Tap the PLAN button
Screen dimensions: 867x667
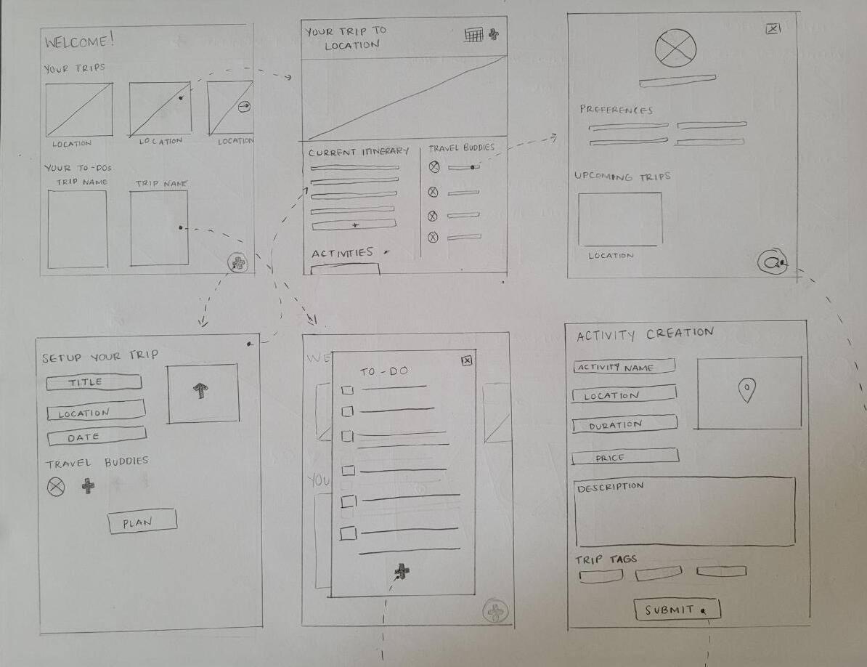point(142,521)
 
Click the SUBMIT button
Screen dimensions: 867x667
point(677,610)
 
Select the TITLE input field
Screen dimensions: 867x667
point(94,383)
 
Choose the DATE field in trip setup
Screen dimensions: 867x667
point(97,437)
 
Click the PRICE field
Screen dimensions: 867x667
point(624,457)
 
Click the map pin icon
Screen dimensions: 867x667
point(746,390)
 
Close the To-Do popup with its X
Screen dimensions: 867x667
point(467,360)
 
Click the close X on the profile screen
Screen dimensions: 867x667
point(773,29)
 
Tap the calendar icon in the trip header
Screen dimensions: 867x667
point(474,35)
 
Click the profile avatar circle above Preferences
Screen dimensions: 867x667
point(675,48)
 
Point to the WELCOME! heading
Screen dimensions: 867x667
point(79,41)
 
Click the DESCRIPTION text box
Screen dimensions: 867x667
point(685,512)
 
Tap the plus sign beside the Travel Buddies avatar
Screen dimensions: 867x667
point(88,486)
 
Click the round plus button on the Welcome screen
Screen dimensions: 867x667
point(238,263)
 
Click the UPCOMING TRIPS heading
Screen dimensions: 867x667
point(622,177)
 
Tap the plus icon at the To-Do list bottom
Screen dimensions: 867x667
point(402,571)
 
